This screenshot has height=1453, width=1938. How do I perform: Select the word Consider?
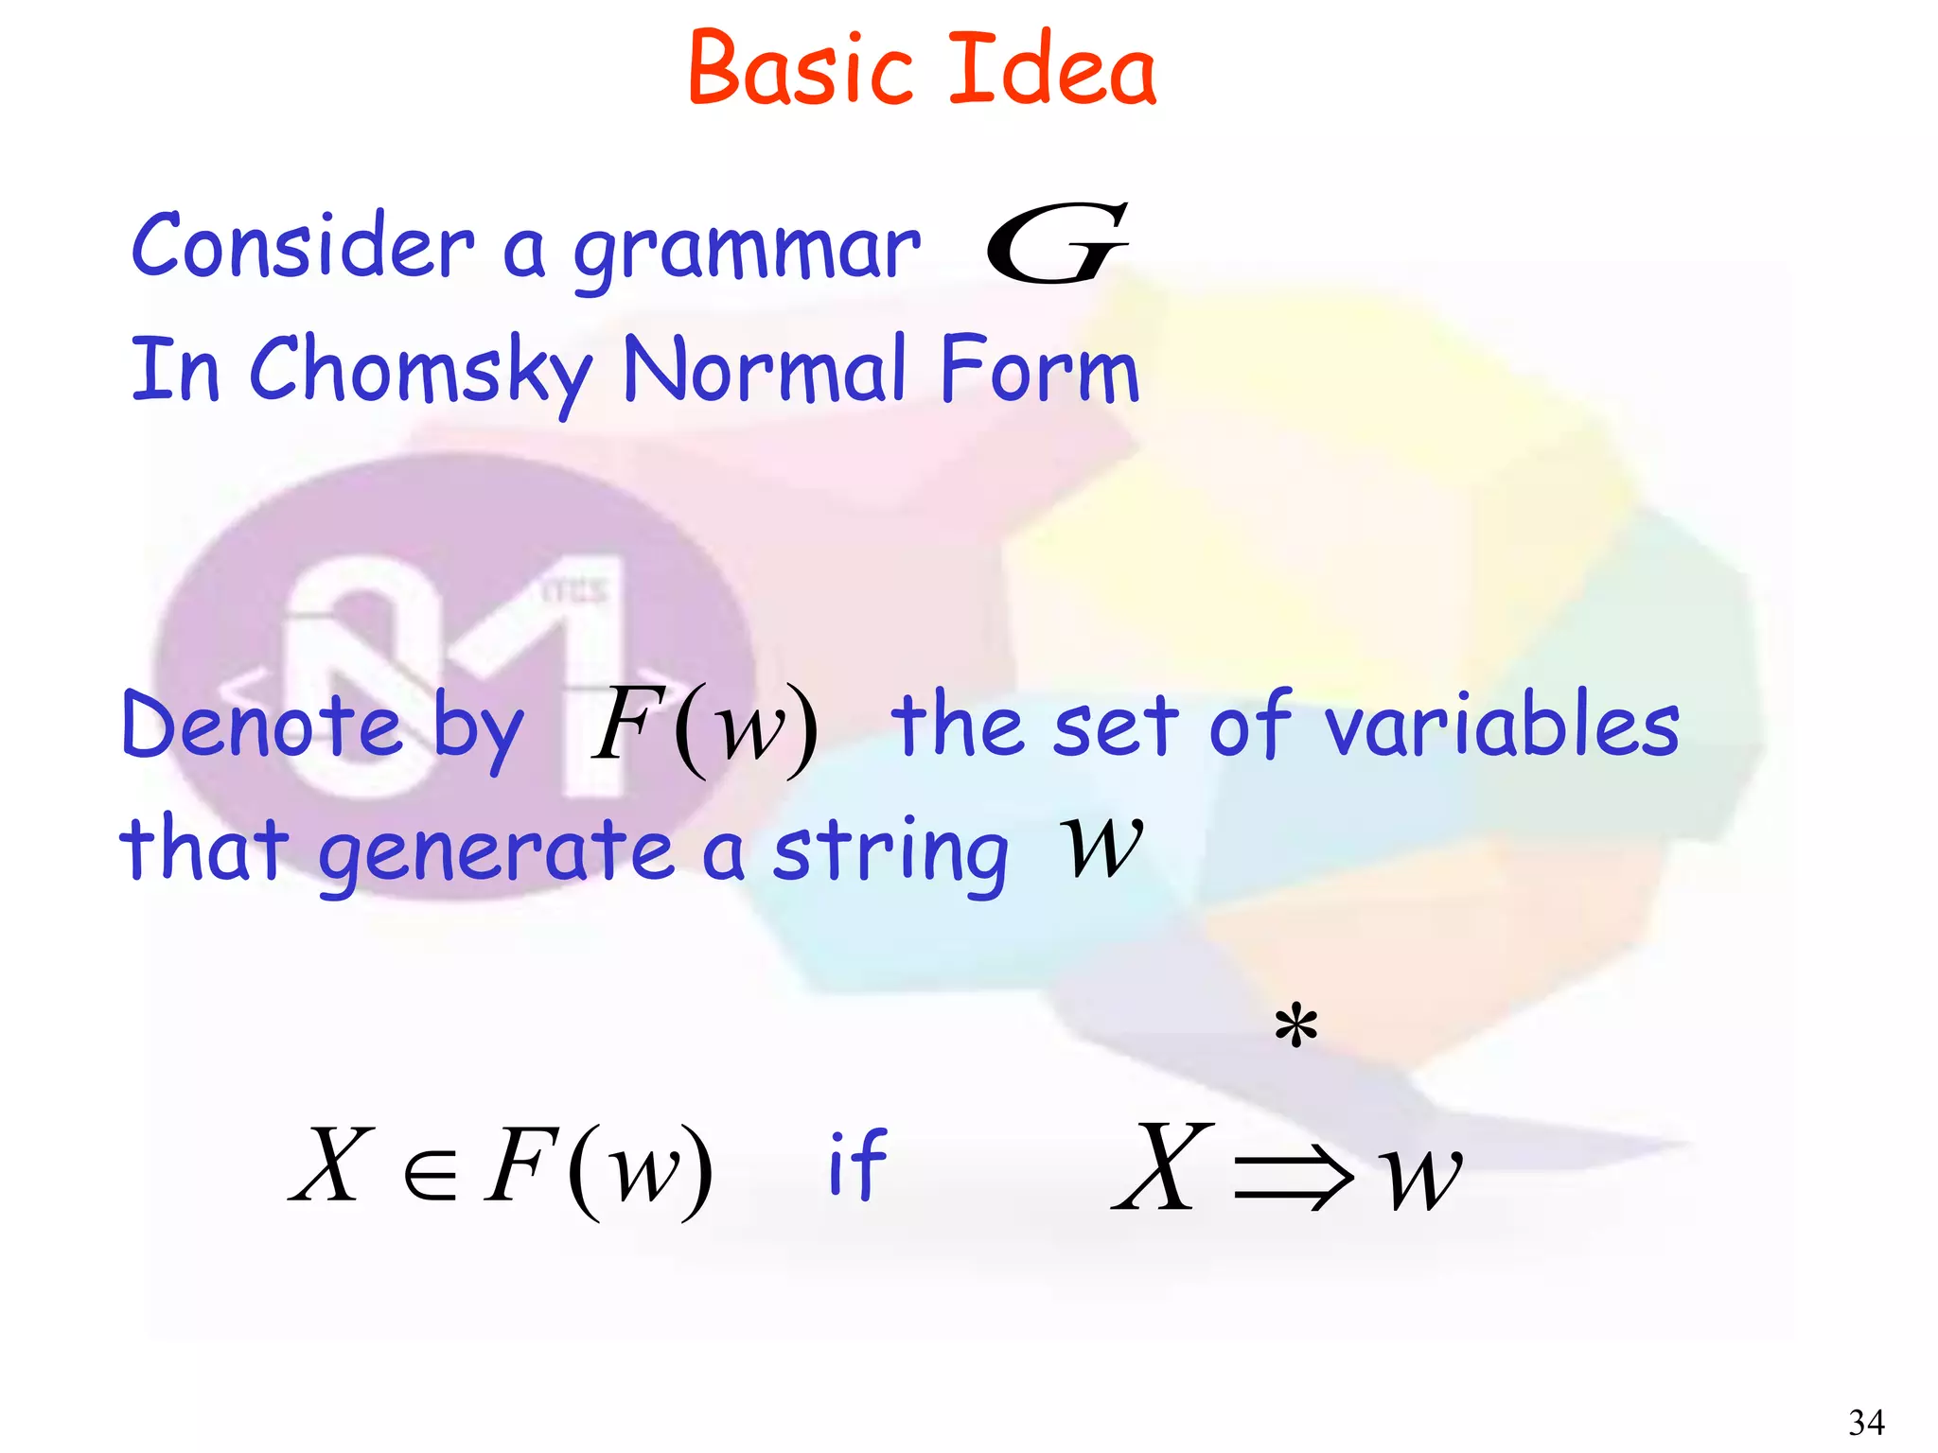pos(302,246)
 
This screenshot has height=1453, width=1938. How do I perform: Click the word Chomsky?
pos(420,371)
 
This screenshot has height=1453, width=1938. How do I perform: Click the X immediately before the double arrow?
pos(1163,1167)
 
